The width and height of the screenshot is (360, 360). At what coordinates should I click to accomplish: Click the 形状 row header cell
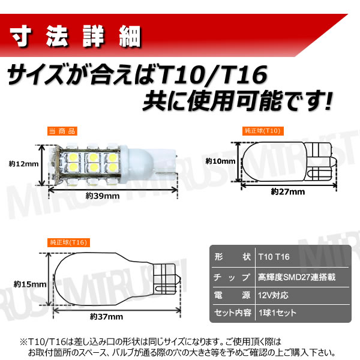point(231,257)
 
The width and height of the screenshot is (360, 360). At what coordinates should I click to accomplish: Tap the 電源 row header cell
point(231,295)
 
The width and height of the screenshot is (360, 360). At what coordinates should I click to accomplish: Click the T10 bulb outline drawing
point(282,160)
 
